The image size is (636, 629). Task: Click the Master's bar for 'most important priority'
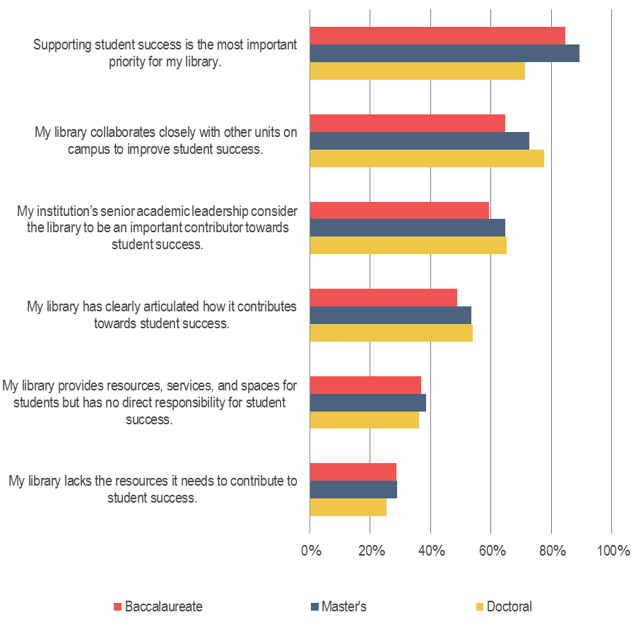pos(444,54)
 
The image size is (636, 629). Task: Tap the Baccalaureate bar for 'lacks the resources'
pos(353,472)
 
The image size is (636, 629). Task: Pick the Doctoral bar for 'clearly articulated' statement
pos(391,333)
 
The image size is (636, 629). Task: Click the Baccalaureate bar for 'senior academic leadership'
pos(399,210)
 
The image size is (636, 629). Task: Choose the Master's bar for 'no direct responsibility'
pos(367,402)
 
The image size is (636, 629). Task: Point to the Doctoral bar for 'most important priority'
pos(417,71)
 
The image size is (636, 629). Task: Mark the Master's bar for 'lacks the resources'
pos(353,489)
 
